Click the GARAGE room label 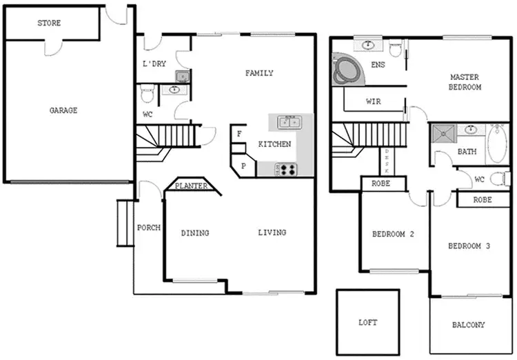(x=63, y=110)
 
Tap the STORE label (x=49, y=23)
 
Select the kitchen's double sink (x=289, y=122)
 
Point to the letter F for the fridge (x=239, y=134)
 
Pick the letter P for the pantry (x=243, y=166)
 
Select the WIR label (x=373, y=102)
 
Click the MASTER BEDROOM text (x=465, y=82)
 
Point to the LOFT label (x=368, y=322)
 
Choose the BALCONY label (x=469, y=325)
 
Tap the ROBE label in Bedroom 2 (x=383, y=184)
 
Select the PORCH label (x=149, y=228)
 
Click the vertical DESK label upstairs (x=387, y=161)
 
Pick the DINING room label (x=195, y=233)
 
